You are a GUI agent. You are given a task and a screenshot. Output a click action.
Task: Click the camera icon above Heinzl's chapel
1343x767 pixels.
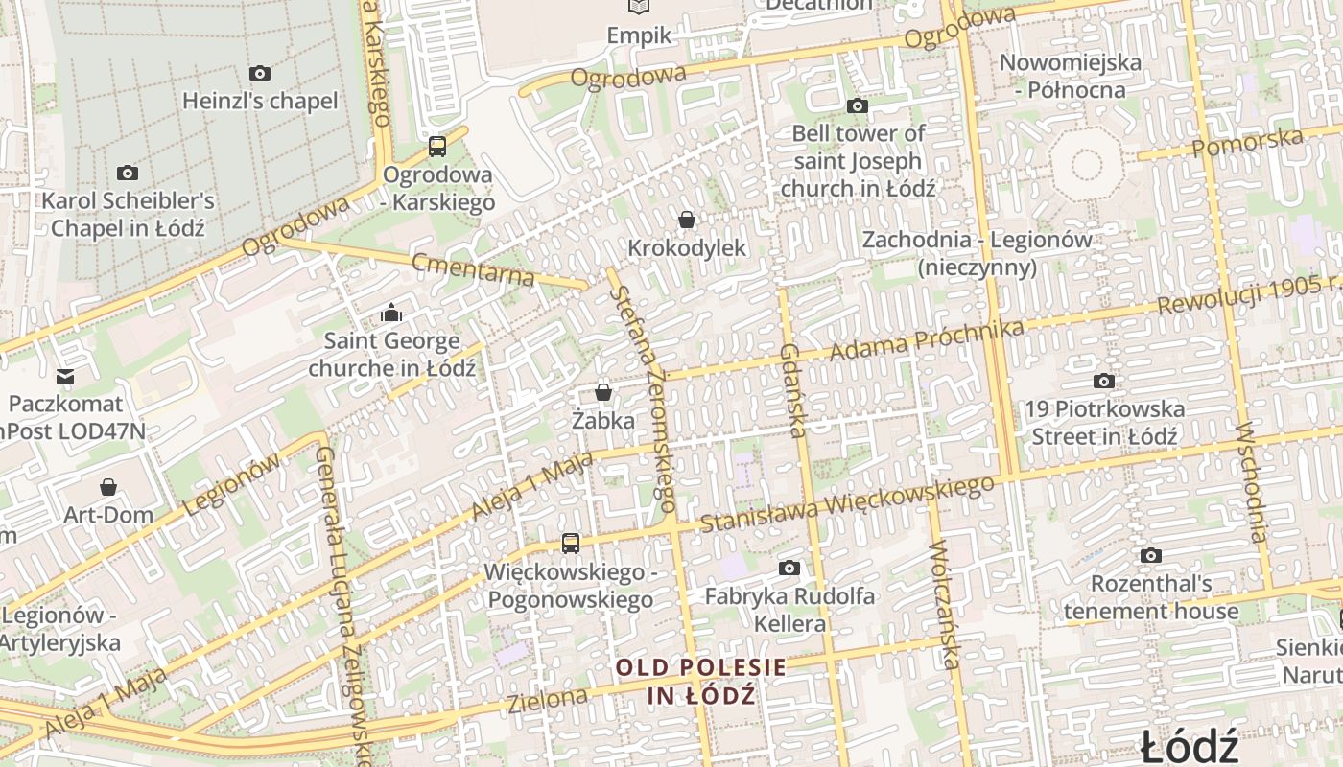point(259,73)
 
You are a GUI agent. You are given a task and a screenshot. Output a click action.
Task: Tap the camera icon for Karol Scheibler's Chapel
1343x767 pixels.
point(128,173)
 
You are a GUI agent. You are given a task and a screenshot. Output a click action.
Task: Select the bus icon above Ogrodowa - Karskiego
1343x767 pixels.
point(437,147)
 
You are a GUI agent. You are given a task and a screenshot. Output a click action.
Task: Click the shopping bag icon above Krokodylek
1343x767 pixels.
point(687,220)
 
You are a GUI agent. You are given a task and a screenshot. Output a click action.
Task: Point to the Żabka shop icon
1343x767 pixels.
point(603,391)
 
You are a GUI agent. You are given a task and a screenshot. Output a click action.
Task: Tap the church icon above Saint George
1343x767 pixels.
point(390,313)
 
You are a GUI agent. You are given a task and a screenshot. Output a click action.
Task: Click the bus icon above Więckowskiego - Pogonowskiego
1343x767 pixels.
point(571,544)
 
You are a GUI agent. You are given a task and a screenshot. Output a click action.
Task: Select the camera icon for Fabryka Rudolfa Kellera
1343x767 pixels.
point(789,568)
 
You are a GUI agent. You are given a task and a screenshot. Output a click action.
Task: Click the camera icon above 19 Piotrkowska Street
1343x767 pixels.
point(1104,381)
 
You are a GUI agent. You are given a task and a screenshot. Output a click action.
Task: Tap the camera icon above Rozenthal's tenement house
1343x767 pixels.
point(1151,555)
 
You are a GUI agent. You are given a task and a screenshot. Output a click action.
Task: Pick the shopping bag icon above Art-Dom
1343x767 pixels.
point(108,487)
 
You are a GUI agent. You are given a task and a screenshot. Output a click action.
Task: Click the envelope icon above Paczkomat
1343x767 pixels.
point(65,376)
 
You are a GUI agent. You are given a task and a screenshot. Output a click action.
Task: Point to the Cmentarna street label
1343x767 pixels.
point(473,268)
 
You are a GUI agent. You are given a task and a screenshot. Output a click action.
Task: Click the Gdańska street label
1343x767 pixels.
point(791,390)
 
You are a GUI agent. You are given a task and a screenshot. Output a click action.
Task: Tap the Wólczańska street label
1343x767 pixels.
point(944,604)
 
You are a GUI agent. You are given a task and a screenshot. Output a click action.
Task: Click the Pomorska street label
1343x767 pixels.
point(1247,142)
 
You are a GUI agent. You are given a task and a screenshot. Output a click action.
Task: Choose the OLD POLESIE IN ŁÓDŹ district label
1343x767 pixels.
point(701,681)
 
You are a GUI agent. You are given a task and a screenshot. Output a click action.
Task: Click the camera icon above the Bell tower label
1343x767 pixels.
point(858,105)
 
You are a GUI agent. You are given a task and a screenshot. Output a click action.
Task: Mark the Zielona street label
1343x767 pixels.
point(548,699)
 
